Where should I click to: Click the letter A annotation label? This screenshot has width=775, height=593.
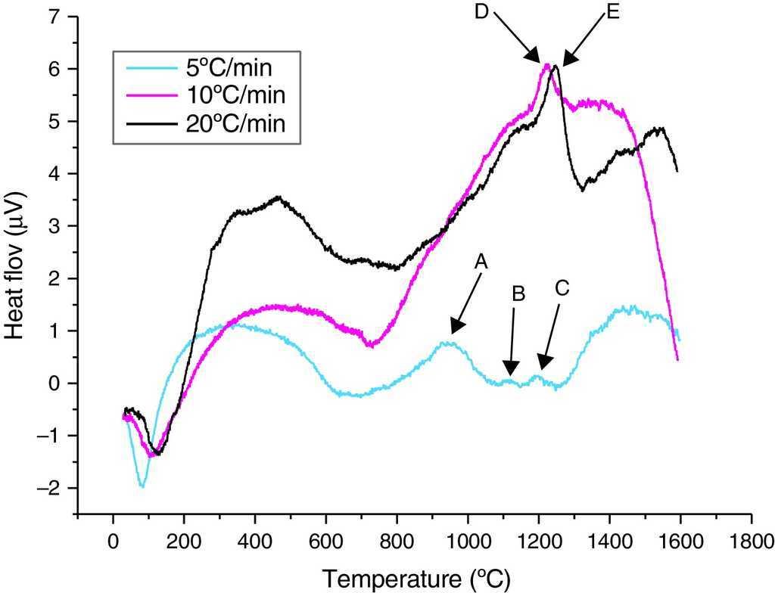[x=481, y=261]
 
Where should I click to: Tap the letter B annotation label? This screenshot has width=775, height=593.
[x=518, y=294]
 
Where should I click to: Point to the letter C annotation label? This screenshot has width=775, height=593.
[x=561, y=288]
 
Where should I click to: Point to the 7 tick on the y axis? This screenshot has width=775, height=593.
[x=53, y=17]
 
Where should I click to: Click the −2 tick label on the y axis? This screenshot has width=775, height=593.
[x=47, y=488]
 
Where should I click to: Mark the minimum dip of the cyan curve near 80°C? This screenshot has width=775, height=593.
[x=142, y=486]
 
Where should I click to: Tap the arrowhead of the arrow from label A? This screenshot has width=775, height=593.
[x=453, y=332]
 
